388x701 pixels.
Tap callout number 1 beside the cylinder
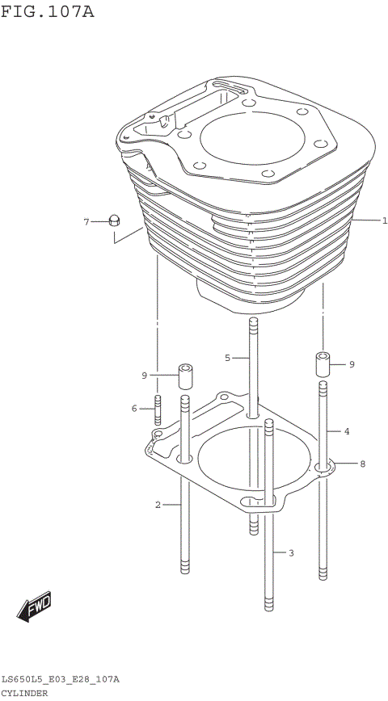click(385, 220)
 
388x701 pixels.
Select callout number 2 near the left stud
click(158, 506)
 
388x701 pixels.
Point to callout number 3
click(346, 432)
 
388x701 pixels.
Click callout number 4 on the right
click(228, 357)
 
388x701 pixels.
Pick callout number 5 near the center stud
click(135, 409)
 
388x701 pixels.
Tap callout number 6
click(86, 221)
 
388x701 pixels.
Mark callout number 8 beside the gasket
click(144, 376)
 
